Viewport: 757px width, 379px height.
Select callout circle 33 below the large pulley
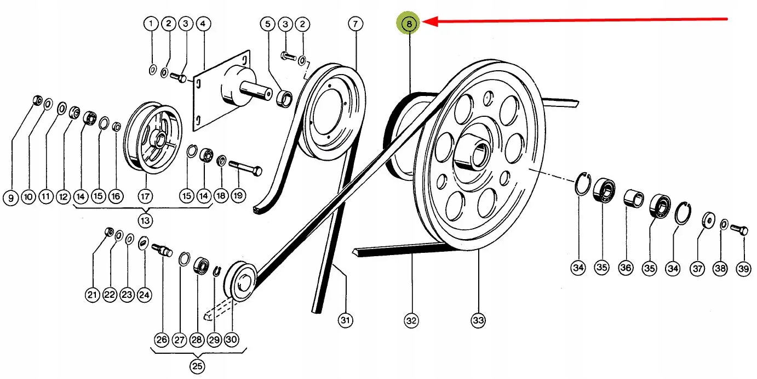click(478, 320)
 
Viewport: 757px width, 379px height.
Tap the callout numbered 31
click(345, 320)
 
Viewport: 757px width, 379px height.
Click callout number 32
click(411, 320)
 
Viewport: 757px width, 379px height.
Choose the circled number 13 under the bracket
click(145, 220)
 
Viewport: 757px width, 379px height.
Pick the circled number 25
click(197, 366)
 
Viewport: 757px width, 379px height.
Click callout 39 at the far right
click(743, 268)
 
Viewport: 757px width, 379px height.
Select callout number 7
click(355, 24)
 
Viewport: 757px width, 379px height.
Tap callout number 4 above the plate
click(203, 24)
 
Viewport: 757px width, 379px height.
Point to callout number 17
click(145, 196)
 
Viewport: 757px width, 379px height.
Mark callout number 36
click(626, 268)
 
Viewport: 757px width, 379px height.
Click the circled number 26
click(162, 340)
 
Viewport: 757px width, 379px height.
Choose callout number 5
click(268, 24)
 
